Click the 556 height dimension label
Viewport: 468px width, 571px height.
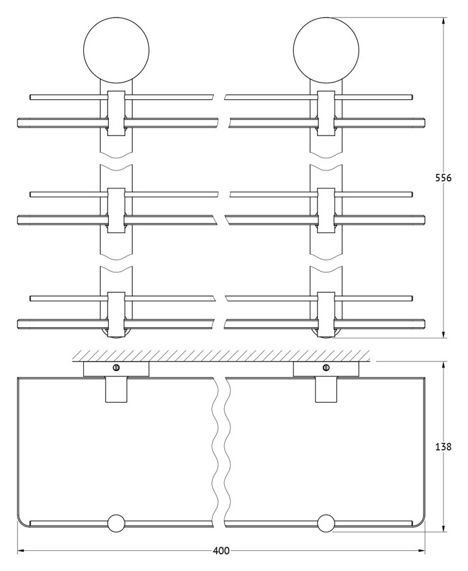tap(444, 178)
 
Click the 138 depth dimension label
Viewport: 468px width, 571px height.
tap(444, 446)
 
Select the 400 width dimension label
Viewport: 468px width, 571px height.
tap(221, 551)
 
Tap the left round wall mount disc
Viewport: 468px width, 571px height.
tap(117, 50)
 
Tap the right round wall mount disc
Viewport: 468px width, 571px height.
tap(326, 50)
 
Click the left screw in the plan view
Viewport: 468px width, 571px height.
tap(117, 367)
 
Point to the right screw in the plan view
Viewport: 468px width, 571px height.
tap(326, 367)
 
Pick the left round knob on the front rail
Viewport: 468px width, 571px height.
tap(117, 523)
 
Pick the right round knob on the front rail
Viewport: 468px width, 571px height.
tap(326, 523)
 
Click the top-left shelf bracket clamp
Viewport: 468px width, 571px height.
tap(117, 114)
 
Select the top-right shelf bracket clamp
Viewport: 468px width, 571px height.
tap(326, 114)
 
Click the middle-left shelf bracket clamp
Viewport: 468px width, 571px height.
tap(117, 210)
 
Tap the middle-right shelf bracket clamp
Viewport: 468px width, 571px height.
tap(326, 210)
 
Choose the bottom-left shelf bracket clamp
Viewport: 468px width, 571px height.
tap(117, 315)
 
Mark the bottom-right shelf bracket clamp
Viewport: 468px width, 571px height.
tap(326, 315)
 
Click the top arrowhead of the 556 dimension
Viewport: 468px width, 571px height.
tap(444, 21)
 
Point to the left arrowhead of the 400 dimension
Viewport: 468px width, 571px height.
tap(22, 551)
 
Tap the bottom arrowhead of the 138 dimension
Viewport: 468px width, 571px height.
tap(444, 528)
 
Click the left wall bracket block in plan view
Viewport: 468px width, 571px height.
tap(117, 369)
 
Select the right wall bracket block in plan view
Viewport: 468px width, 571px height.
tap(326, 369)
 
